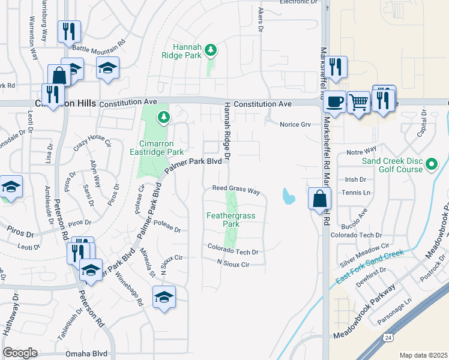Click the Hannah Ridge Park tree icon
click(x=210, y=50)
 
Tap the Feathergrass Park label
click(x=223, y=220)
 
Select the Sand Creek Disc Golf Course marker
click(x=431, y=164)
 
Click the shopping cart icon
click(x=358, y=102)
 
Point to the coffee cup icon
click(x=334, y=101)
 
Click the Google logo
click(x=20, y=353)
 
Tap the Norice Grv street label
click(x=295, y=125)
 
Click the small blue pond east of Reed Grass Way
click(x=288, y=196)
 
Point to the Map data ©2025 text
click(x=423, y=355)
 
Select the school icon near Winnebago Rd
click(x=164, y=298)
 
